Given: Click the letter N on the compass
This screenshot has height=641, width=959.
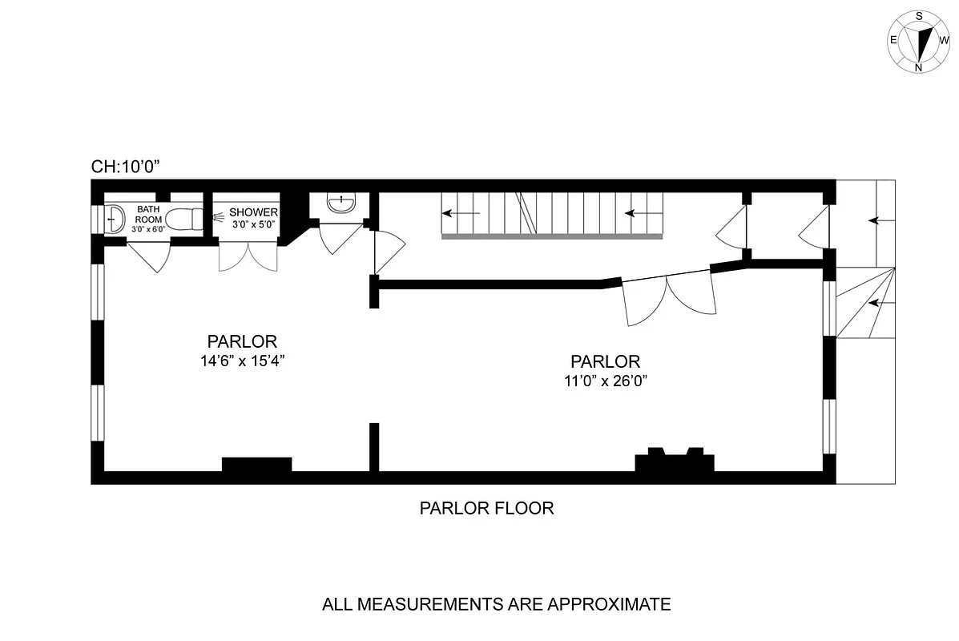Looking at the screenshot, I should [918, 67].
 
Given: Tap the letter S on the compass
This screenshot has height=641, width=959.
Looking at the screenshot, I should [919, 15].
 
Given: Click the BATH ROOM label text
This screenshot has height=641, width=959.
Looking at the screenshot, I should [148, 214].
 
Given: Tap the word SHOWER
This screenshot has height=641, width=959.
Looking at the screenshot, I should [253, 212].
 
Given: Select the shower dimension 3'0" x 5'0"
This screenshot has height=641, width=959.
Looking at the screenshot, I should [253, 224].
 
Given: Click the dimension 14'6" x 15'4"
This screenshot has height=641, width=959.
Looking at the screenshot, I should [243, 361].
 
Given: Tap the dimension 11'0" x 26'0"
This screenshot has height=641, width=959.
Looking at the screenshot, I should [605, 381].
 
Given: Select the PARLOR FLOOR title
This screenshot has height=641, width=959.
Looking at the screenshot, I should [486, 508].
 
